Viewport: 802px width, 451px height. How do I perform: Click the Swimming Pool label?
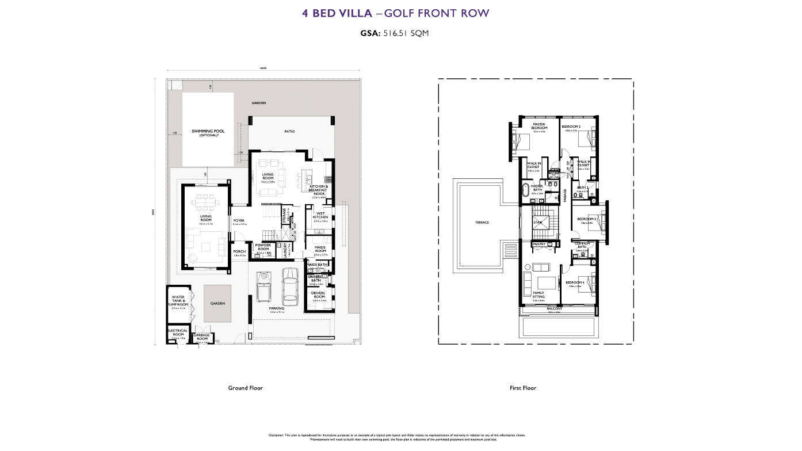(x=208, y=132)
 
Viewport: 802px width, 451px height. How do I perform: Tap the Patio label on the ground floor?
(x=289, y=132)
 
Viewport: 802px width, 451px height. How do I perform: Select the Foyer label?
(x=239, y=221)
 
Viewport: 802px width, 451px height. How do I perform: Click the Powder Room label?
(x=263, y=247)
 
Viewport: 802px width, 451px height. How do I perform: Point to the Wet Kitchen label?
(x=320, y=215)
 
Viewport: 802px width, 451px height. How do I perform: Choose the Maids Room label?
(x=320, y=249)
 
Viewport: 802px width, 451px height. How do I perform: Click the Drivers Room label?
(x=319, y=295)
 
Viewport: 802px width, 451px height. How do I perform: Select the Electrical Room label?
(x=178, y=332)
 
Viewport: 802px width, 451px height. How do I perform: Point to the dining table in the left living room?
(x=205, y=202)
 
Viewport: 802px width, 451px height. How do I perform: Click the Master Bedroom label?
(x=539, y=126)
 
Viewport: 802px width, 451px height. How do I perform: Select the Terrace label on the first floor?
(x=482, y=223)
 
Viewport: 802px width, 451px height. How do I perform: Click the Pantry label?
(x=539, y=244)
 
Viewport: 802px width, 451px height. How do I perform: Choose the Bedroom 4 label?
(x=574, y=282)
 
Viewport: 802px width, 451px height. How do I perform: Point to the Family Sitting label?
(x=538, y=295)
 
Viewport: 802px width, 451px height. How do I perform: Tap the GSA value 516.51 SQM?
(x=406, y=33)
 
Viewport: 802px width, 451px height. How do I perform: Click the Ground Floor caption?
(x=245, y=388)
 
